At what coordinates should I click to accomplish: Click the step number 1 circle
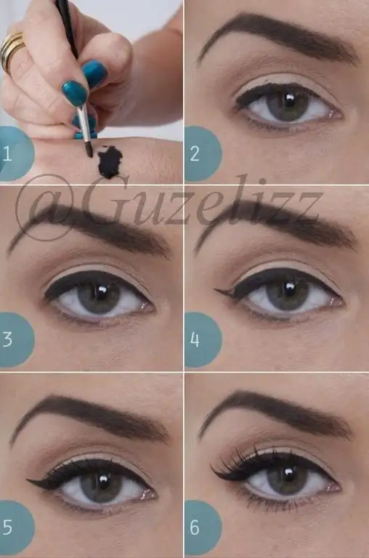[15, 154]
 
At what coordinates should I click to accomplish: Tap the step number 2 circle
[203, 154]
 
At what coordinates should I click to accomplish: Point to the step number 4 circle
[203, 339]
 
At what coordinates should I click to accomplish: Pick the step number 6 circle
[203, 527]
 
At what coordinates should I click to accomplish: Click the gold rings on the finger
[12, 50]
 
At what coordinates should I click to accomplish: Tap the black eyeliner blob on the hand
[110, 162]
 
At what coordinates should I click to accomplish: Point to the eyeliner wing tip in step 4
[215, 291]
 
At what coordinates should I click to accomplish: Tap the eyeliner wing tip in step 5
[28, 481]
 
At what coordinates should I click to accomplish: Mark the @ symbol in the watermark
[44, 208]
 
